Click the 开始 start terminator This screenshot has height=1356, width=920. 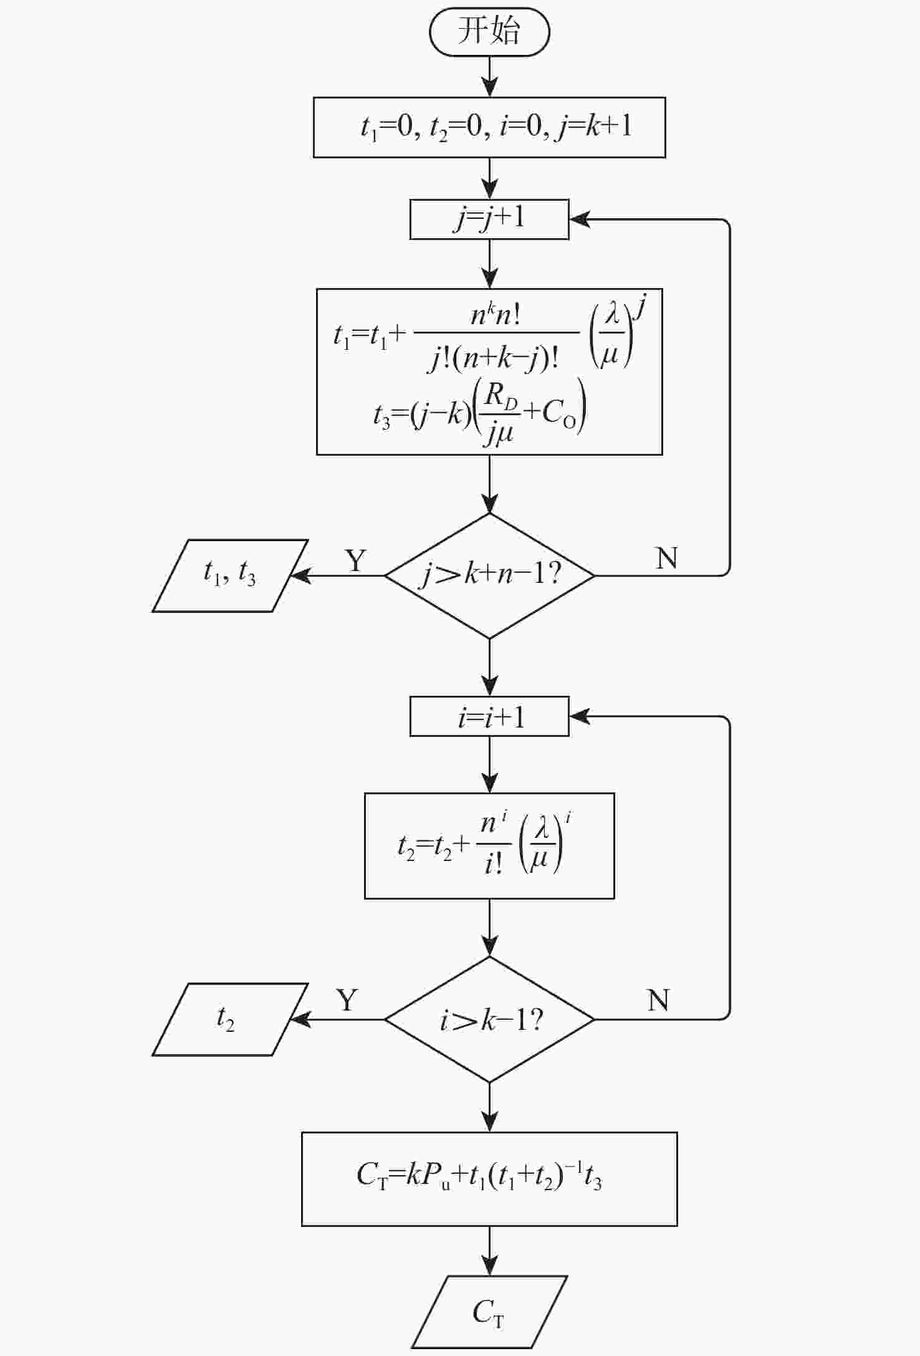coord(489,31)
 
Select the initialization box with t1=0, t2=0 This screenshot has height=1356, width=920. coord(489,127)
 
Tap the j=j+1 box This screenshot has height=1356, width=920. coord(489,219)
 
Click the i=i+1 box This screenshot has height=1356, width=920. coord(489,716)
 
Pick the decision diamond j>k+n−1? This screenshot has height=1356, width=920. coord(489,575)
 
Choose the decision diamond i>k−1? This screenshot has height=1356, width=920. coord(489,1019)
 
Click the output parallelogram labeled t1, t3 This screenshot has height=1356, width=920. coord(230,575)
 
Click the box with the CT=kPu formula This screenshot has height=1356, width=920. coord(489,1179)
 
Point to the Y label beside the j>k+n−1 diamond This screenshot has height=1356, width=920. coord(355,560)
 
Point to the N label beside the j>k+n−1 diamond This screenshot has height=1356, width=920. coord(666,558)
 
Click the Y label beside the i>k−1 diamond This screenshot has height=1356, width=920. coord(347,1001)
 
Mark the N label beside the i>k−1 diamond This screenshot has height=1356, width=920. coord(658,1001)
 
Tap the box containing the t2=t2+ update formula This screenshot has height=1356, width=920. coord(489,845)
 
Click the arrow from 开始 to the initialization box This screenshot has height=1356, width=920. coord(490,77)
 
